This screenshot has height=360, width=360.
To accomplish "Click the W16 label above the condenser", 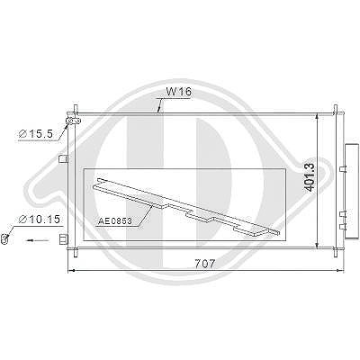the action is (x=178, y=92).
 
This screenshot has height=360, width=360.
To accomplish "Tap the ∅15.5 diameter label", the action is (x=36, y=134).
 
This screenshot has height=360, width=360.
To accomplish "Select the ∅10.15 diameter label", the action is (x=40, y=220).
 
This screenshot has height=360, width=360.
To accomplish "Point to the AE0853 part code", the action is (x=115, y=221).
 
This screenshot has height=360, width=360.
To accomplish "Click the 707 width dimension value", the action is (x=205, y=264).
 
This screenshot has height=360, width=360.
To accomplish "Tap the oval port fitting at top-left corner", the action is (x=73, y=121).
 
